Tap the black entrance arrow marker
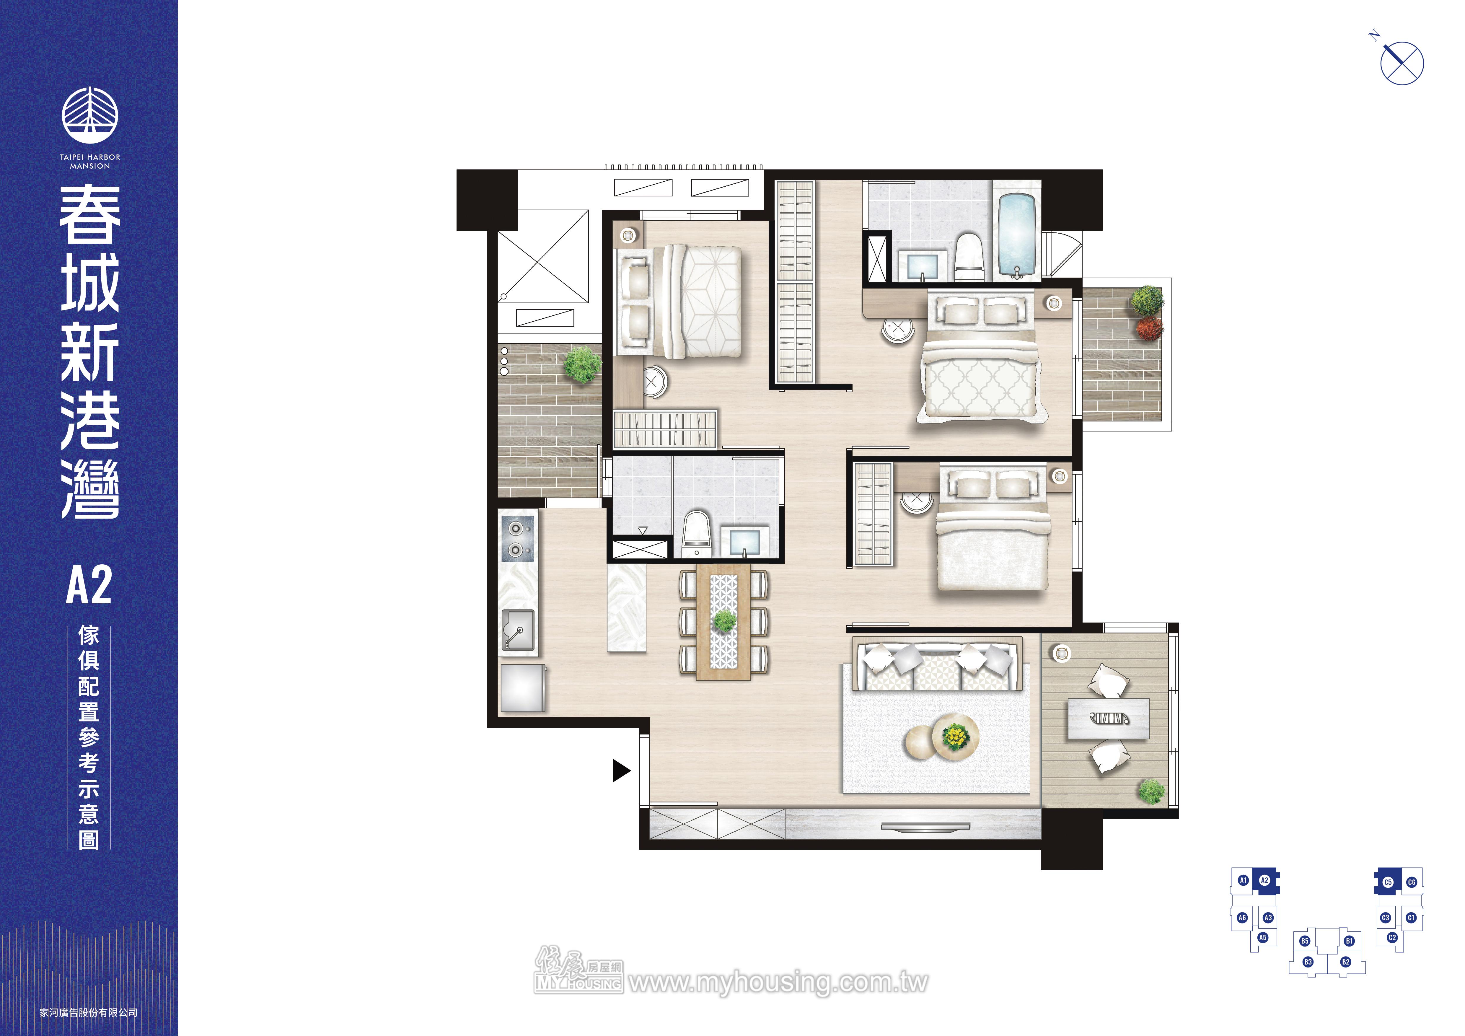[621, 771]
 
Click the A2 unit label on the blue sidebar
[89, 584]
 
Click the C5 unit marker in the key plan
[1388, 882]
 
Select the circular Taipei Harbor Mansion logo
[90, 115]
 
